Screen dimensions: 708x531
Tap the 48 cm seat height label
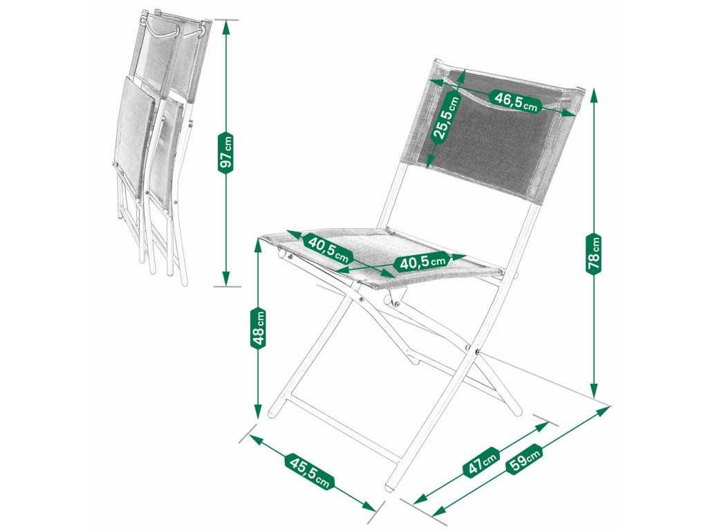(x=258, y=327)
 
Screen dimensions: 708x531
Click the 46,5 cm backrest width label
(x=516, y=101)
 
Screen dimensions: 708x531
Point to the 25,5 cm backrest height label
(x=445, y=118)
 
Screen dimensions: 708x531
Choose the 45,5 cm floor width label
(x=309, y=472)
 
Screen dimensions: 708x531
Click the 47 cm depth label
(x=481, y=460)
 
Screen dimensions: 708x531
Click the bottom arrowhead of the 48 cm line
(x=259, y=411)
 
